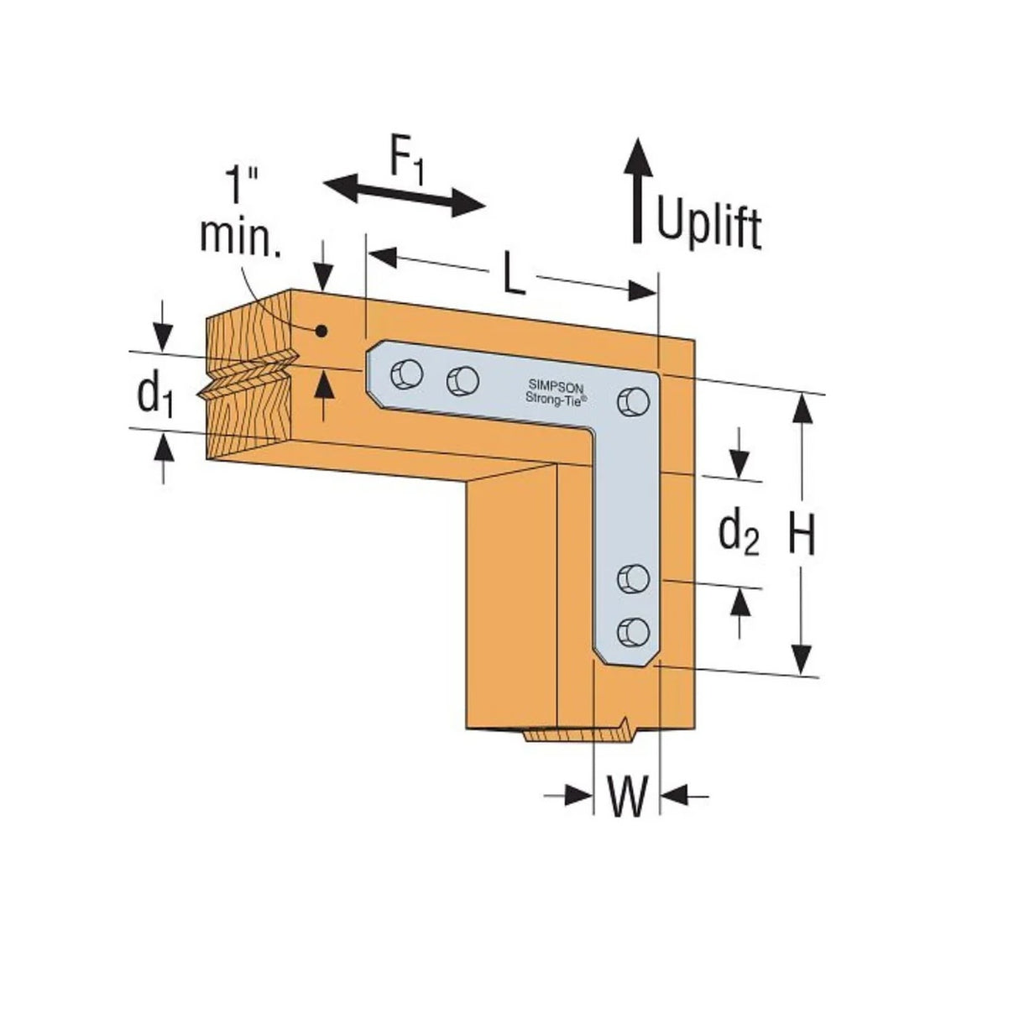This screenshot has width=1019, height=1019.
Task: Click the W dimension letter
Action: pyautogui.click(x=627, y=797)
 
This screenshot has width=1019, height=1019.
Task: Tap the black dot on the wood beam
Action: pyautogui.click(x=320, y=331)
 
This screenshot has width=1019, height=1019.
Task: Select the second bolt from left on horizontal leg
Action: pyautogui.click(x=462, y=382)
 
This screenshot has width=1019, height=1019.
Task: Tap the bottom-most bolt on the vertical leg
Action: pyautogui.click(x=634, y=631)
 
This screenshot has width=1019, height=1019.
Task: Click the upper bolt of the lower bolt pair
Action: pyautogui.click(x=634, y=578)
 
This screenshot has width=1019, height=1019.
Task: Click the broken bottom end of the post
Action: pyautogui.click(x=579, y=733)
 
